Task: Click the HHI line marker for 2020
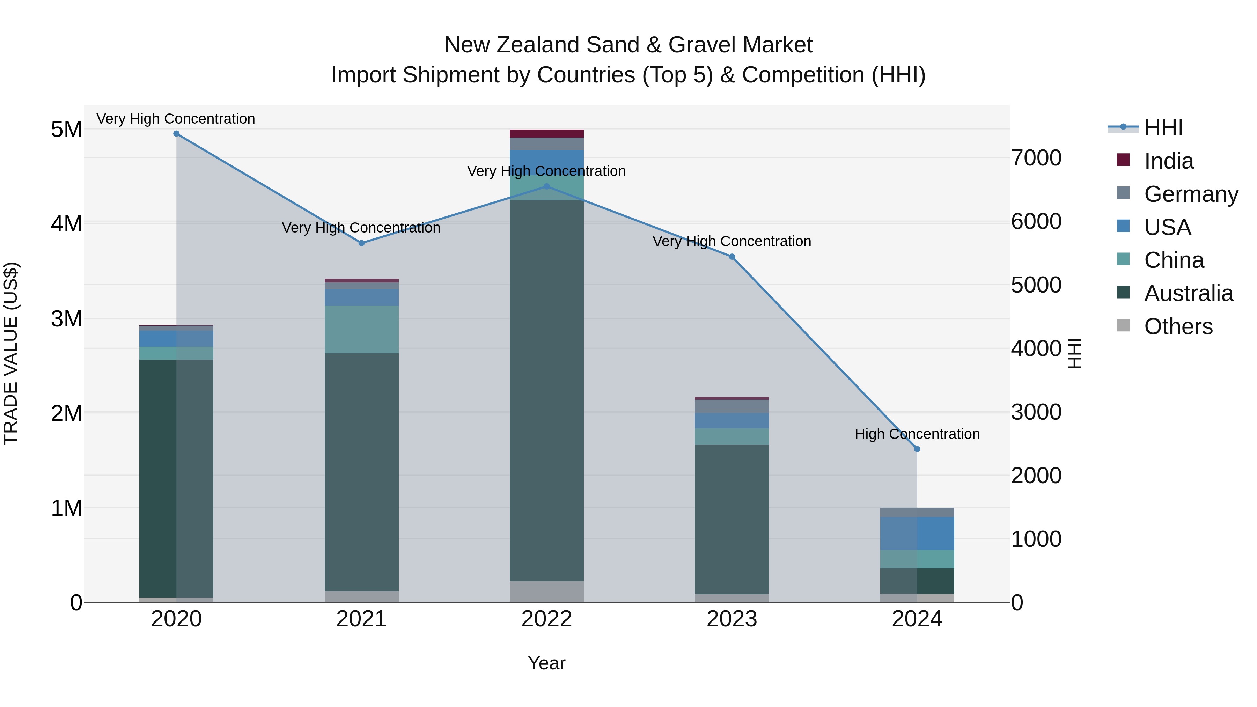(176, 134)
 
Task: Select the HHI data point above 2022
(546, 186)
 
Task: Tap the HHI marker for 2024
(917, 449)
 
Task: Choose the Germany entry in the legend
(1191, 194)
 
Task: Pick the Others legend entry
(1178, 326)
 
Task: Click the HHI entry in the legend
(1163, 128)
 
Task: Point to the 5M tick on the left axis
(66, 130)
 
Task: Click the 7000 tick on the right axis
(1036, 158)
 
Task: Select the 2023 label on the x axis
(732, 619)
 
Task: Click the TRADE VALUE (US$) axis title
(11, 353)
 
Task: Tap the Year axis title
(546, 663)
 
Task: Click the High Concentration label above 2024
(917, 434)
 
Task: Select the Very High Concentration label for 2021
(361, 228)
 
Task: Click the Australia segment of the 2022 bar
(546, 390)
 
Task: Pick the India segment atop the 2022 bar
(546, 134)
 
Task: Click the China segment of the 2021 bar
(362, 329)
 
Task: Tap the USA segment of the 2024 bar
(917, 533)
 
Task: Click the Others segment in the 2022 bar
(546, 591)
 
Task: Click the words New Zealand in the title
(512, 45)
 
